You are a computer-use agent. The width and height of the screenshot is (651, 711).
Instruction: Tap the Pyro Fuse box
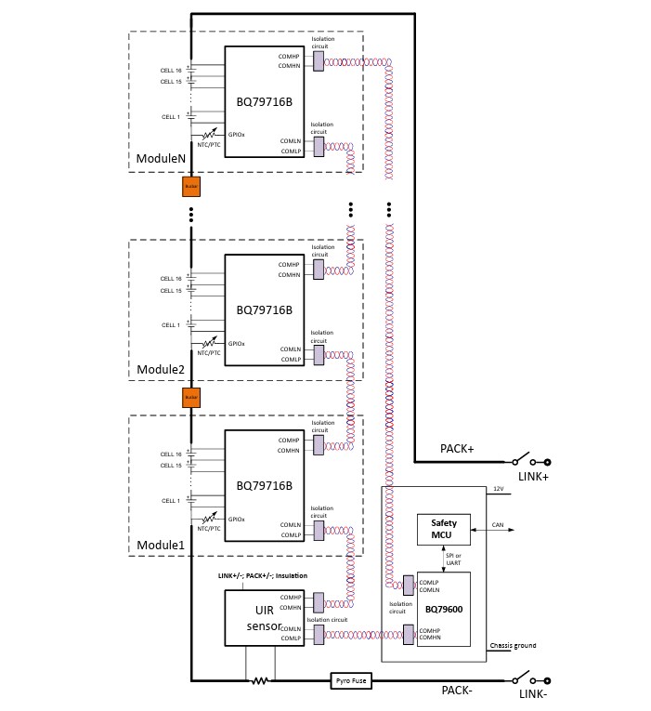(x=351, y=681)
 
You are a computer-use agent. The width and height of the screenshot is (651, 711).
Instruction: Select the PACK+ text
(x=457, y=449)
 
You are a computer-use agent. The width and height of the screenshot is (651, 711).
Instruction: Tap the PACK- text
(x=457, y=691)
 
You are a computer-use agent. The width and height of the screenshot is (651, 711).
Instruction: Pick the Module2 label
(x=161, y=369)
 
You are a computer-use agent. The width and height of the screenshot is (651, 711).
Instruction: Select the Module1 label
(x=161, y=544)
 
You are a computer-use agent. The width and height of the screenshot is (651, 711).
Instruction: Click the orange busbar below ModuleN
(x=191, y=187)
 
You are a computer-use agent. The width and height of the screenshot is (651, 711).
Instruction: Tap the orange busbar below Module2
(x=191, y=397)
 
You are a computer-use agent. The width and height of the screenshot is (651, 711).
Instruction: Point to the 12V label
(x=498, y=489)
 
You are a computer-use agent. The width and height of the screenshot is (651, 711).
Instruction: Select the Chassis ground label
(x=512, y=645)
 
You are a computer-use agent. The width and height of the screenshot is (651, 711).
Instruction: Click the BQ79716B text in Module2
(x=264, y=309)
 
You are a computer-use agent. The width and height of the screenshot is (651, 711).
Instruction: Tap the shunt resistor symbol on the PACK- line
(x=260, y=681)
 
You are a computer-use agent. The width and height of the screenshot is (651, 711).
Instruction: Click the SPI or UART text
(x=454, y=558)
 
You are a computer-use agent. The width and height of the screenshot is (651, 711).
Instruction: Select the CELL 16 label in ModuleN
(x=171, y=71)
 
